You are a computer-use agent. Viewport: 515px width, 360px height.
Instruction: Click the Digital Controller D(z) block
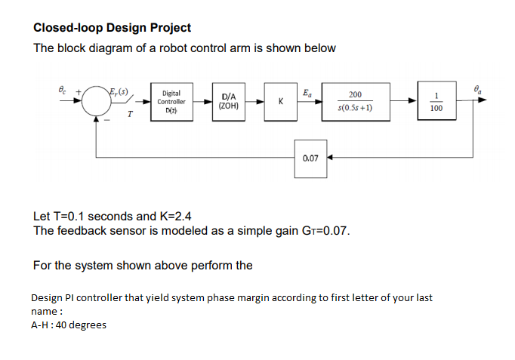171,101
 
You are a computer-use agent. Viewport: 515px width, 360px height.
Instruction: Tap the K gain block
280,101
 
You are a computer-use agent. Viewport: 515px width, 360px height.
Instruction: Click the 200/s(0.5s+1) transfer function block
355,102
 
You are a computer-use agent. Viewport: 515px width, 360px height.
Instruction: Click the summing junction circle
96,103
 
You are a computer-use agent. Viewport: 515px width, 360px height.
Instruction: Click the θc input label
63,89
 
